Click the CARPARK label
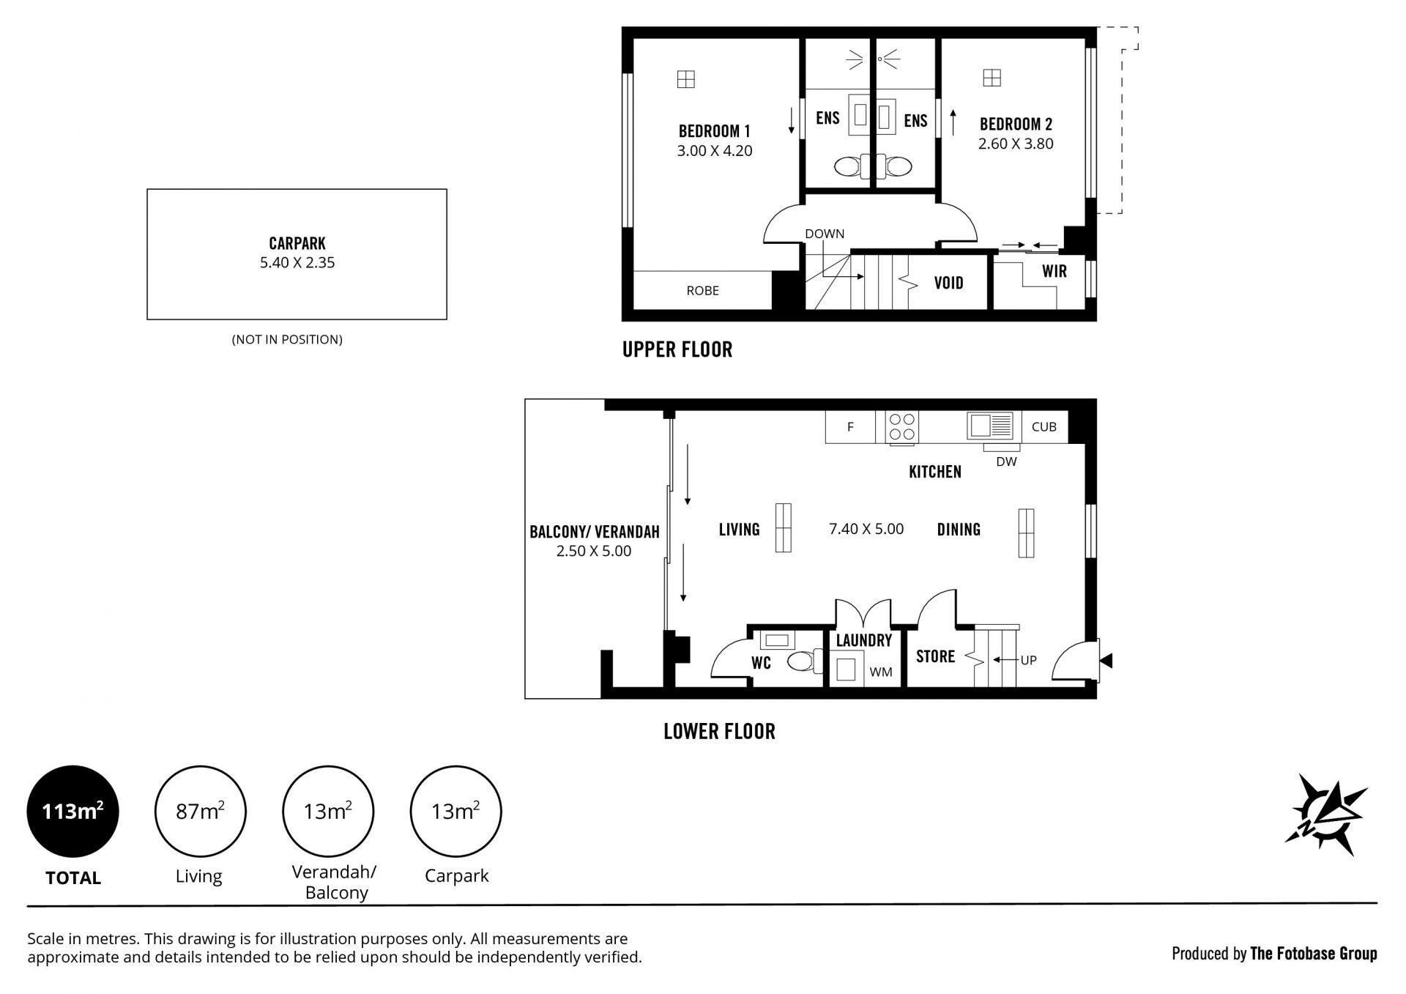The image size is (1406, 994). pos(297,243)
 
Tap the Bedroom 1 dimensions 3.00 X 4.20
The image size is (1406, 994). pos(715,151)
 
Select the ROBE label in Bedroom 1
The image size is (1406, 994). pos(703,291)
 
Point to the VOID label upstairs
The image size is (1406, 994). pos(949,283)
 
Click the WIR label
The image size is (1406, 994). pos(1054,271)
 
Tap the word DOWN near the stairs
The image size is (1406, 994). pos(825,234)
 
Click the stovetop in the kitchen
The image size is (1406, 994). pos(901,427)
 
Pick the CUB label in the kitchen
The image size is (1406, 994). pos(1044,427)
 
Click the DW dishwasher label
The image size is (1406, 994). pos(1007,462)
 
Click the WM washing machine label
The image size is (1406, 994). pos(881,672)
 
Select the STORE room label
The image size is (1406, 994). pos(936,656)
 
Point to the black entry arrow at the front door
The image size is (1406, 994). pos(1106,661)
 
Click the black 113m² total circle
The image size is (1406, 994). pos(72,812)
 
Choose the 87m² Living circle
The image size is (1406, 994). pos(200,812)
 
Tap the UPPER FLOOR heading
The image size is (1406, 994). pos(677,349)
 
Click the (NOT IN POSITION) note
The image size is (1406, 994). pos(287,340)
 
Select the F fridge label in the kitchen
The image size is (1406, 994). pos(850,427)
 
